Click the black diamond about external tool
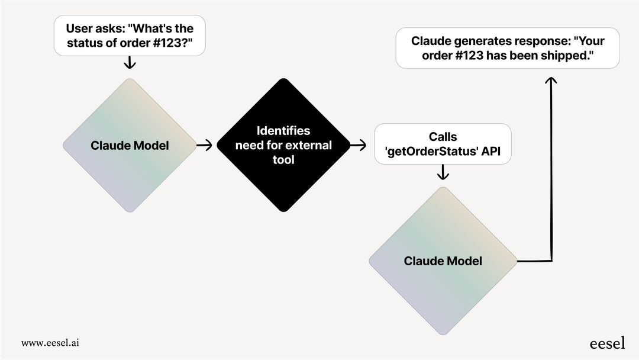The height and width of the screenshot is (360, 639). [x=283, y=146]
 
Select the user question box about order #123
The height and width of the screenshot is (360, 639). [x=129, y=36]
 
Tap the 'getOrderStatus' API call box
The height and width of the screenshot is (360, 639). [x=443, y=144]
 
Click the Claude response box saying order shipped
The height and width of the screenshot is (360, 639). [x=507, y=48]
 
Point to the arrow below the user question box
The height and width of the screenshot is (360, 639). [x=129, y=63]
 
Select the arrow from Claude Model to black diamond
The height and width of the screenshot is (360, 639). [x=204, y=146]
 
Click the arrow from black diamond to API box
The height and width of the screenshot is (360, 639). [x=358, y=144]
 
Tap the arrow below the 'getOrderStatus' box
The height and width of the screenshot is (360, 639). [x=443, y=173]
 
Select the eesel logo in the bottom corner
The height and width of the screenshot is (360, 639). [x=607, y=343]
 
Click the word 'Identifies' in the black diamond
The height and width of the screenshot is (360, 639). [x=283, y=131]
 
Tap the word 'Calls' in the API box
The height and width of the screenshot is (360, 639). [x=443, y=137]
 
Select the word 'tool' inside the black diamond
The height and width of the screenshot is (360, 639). [x=283, y=160]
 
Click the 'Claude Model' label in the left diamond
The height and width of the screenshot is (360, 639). [x=129, y=146]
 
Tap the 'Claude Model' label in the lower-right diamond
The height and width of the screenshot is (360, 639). [x=443, y=261]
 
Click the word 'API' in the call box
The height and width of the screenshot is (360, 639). [x=490, y=152]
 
